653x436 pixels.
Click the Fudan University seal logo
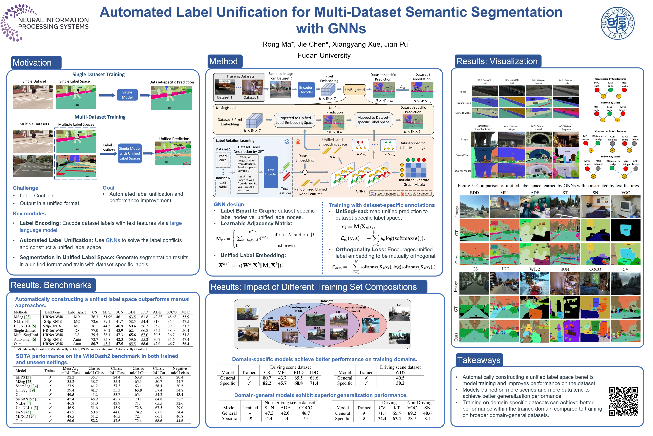click(617, 23)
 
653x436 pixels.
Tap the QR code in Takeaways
click(623, 401)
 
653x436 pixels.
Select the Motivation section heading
click(32, 63)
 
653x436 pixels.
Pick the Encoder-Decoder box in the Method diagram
click(306, 90)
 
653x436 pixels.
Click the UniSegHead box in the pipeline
click(355, 90)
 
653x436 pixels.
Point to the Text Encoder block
click(271, 172)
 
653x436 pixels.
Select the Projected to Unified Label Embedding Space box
click(295, 120)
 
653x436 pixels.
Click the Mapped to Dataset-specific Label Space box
click(373, 120)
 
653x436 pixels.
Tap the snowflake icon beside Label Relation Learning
click(287, 141)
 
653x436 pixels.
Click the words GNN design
click(229, 204)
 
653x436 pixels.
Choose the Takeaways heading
click(479, 360)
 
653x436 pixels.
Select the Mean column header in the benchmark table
click(186, 312)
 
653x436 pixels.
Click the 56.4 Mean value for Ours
click(186, 344)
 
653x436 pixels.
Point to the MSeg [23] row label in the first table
click(22, 317)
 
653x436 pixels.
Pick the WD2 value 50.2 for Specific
click(400, 383)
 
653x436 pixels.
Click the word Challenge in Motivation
click(25, 188)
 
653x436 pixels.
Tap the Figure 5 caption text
click(548, 186)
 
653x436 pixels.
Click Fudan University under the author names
click(324, 55)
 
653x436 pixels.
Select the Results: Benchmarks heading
click(51, 285)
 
